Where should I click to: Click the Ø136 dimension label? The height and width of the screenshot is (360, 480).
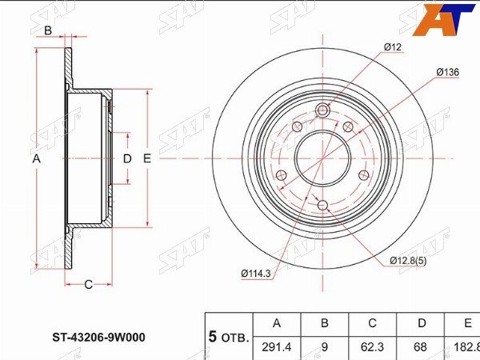[x=447, y=73]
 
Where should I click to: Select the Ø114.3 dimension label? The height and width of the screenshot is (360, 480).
[x=255, y=274]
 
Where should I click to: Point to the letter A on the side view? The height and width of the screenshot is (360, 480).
[x=36, y=158]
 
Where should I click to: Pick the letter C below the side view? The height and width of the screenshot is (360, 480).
[x=88, y=284]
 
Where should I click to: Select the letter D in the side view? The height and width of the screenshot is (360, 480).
[x=126, y=158]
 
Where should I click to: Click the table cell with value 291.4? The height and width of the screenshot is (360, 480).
[x=277, y=347]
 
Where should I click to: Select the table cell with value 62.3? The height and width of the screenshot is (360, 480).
[x=373, y=347]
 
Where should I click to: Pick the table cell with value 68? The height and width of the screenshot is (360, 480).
[x=421, y=347]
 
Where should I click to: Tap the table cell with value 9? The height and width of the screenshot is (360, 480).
[x=325, y=347]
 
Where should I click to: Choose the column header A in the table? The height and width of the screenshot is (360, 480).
[x=277, y=324]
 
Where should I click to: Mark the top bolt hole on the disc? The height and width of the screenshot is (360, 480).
[x=322, y=110]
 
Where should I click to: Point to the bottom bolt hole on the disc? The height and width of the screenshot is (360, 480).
[x=322, y=206]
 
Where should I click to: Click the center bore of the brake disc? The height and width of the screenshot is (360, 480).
[x=322, y=158]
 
